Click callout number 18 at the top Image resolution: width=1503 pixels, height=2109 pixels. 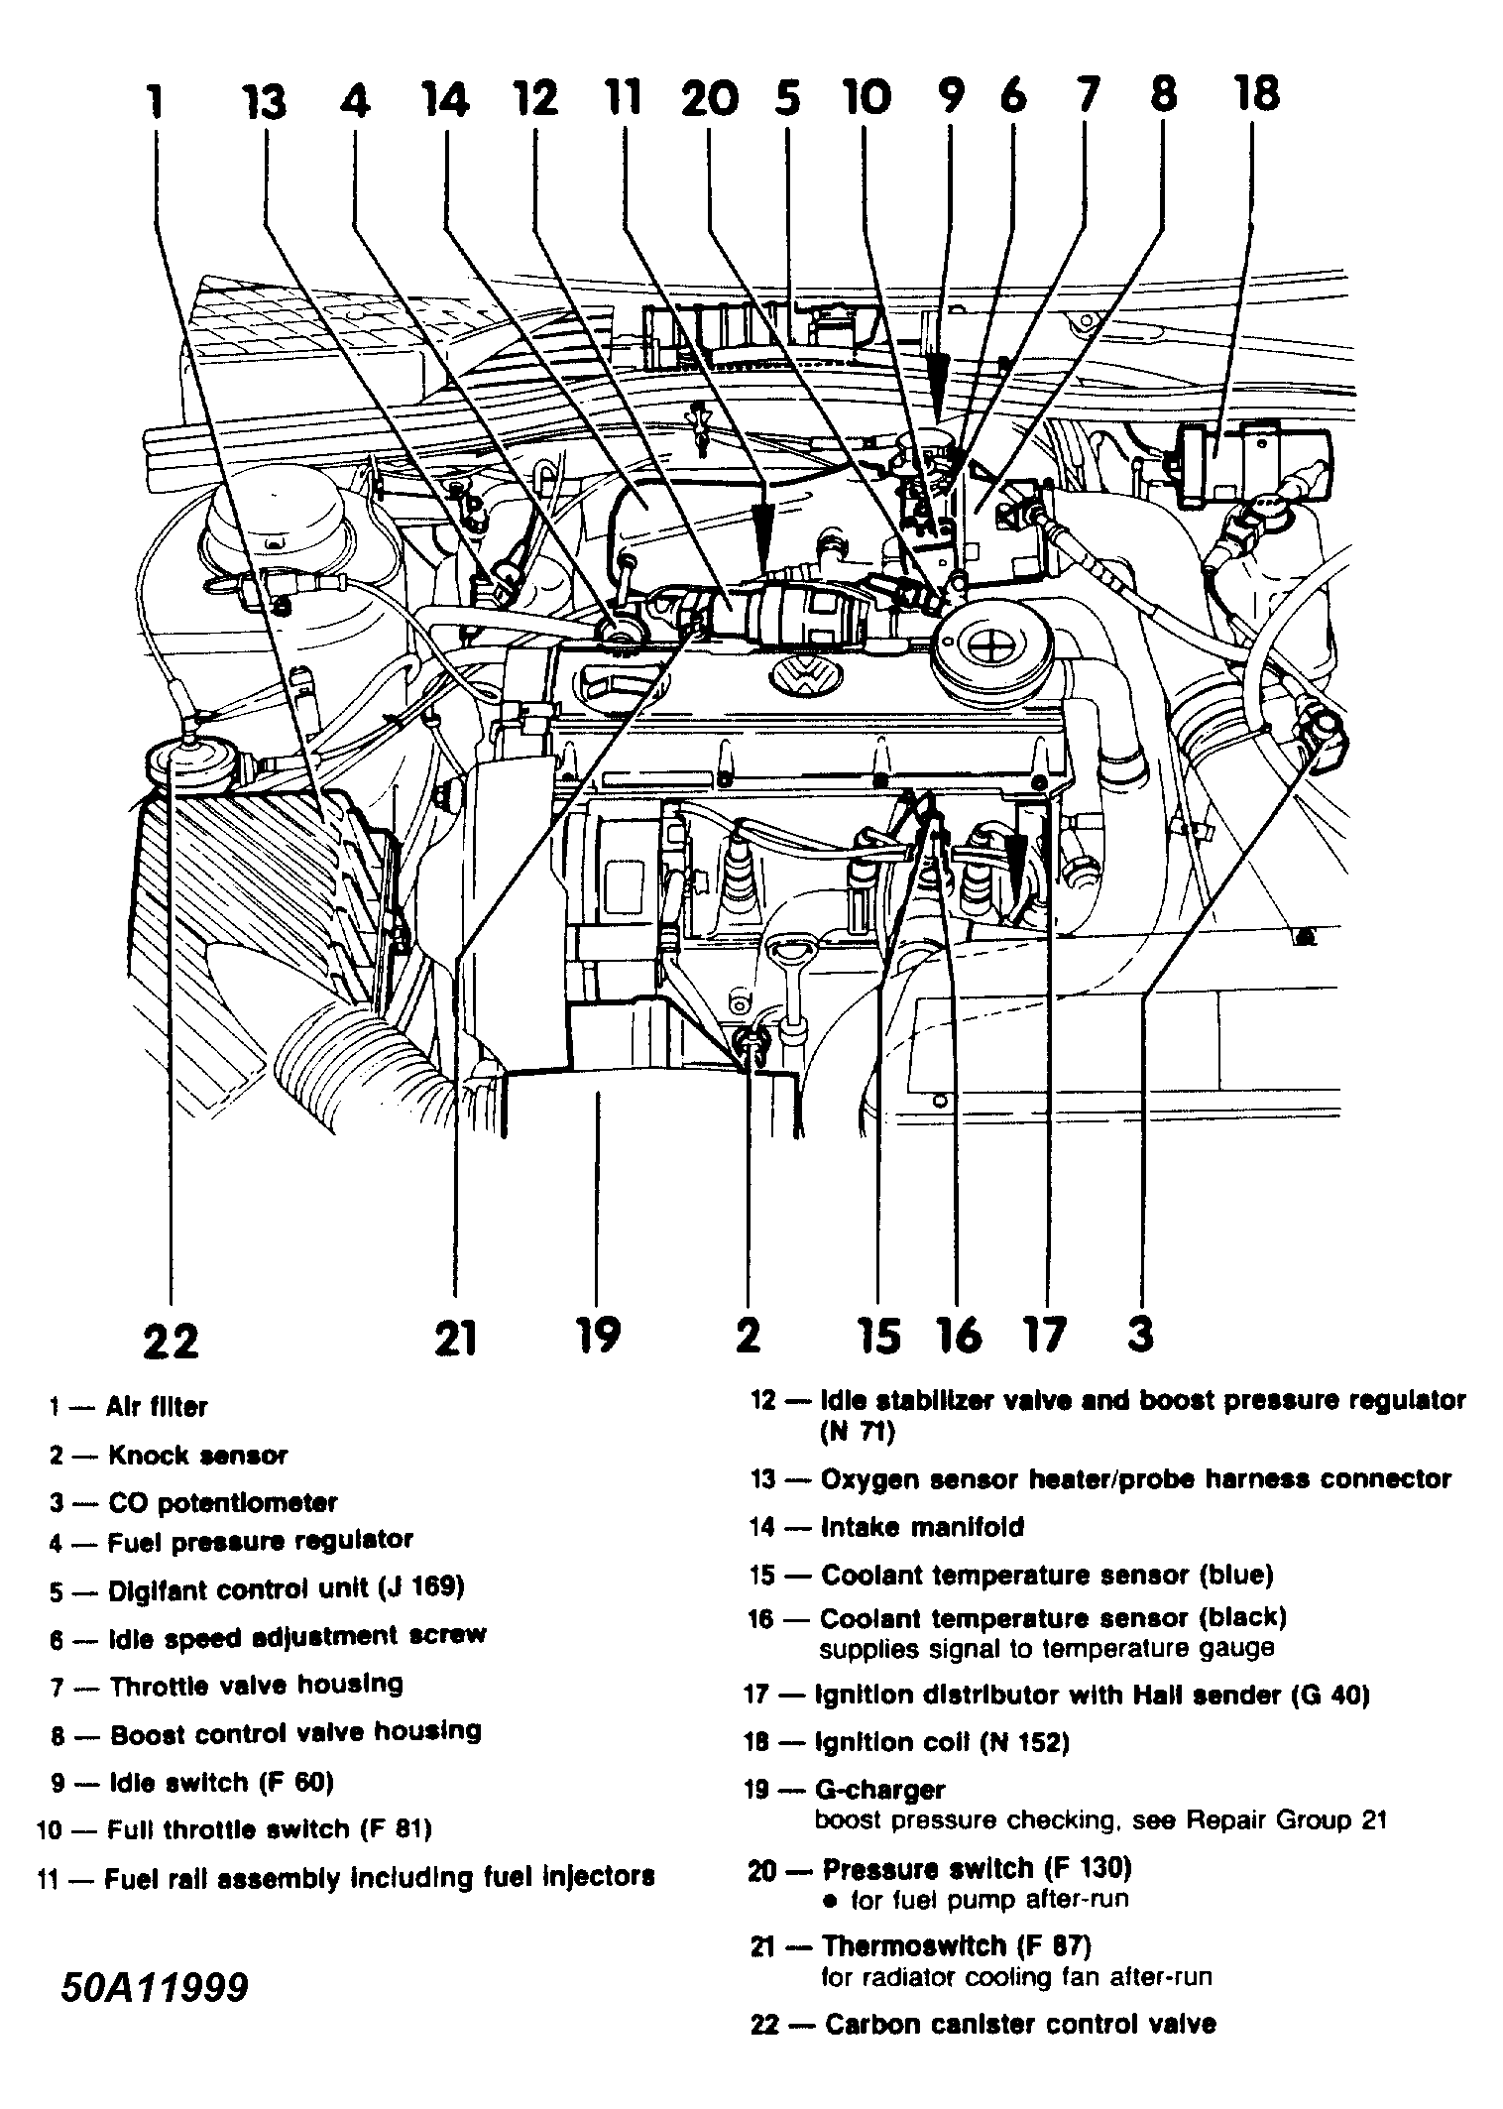(1256, 96)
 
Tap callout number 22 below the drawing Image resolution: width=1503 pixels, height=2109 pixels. (171, 1342)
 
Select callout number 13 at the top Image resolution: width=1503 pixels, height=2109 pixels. (265, 102)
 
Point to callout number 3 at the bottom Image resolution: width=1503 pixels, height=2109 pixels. (1140, 1335)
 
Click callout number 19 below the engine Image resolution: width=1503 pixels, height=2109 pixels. (597, 1335)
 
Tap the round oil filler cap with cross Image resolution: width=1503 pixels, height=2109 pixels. (987, 648)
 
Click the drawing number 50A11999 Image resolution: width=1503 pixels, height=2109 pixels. (154, 2014)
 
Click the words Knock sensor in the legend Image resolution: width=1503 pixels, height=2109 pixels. (197, 1456)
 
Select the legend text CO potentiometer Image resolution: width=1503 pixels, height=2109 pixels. (222, 1503)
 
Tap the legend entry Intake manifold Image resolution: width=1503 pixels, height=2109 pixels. (921, 1527)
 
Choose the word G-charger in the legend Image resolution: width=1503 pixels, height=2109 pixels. (878, 1790)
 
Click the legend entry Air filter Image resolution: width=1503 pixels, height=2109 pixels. (158, 1407)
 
